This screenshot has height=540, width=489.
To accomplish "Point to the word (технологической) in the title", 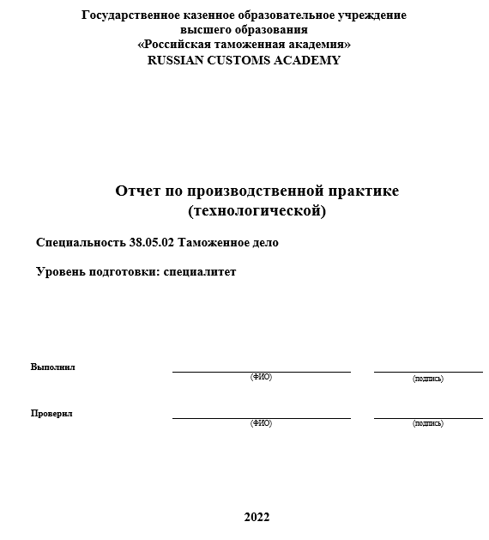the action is (x=257, y=210).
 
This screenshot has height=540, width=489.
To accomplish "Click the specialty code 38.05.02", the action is (x=152, y=243).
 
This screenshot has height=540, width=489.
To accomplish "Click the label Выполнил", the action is (x=53, y=367).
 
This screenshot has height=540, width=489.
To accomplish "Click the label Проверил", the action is (x=51, y=413).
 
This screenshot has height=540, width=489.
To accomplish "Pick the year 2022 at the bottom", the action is (x=257, y=517).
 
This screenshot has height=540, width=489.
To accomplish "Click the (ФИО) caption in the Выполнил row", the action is (x=261, y=377).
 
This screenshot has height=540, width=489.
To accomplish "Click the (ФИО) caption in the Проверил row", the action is (x=261, y=422).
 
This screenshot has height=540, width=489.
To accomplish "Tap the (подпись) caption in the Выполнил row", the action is (x=428, y=378).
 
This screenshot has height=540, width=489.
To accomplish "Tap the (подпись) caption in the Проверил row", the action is (x=428, y=422).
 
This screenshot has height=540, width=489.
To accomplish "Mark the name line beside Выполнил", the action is (x=261, y=372).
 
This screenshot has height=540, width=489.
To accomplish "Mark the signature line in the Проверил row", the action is (x=428, y=418).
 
